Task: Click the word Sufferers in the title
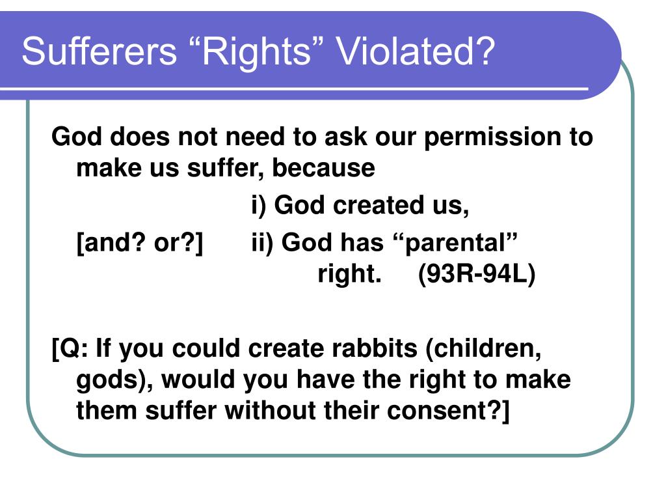coord(99,51)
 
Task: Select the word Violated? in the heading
coord(416,51)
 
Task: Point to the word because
coord(323,167)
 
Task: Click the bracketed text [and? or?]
coord(140,243)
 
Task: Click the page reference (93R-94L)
coord(477,274)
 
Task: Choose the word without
coord(271,410)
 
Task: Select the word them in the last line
coord(107,410)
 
